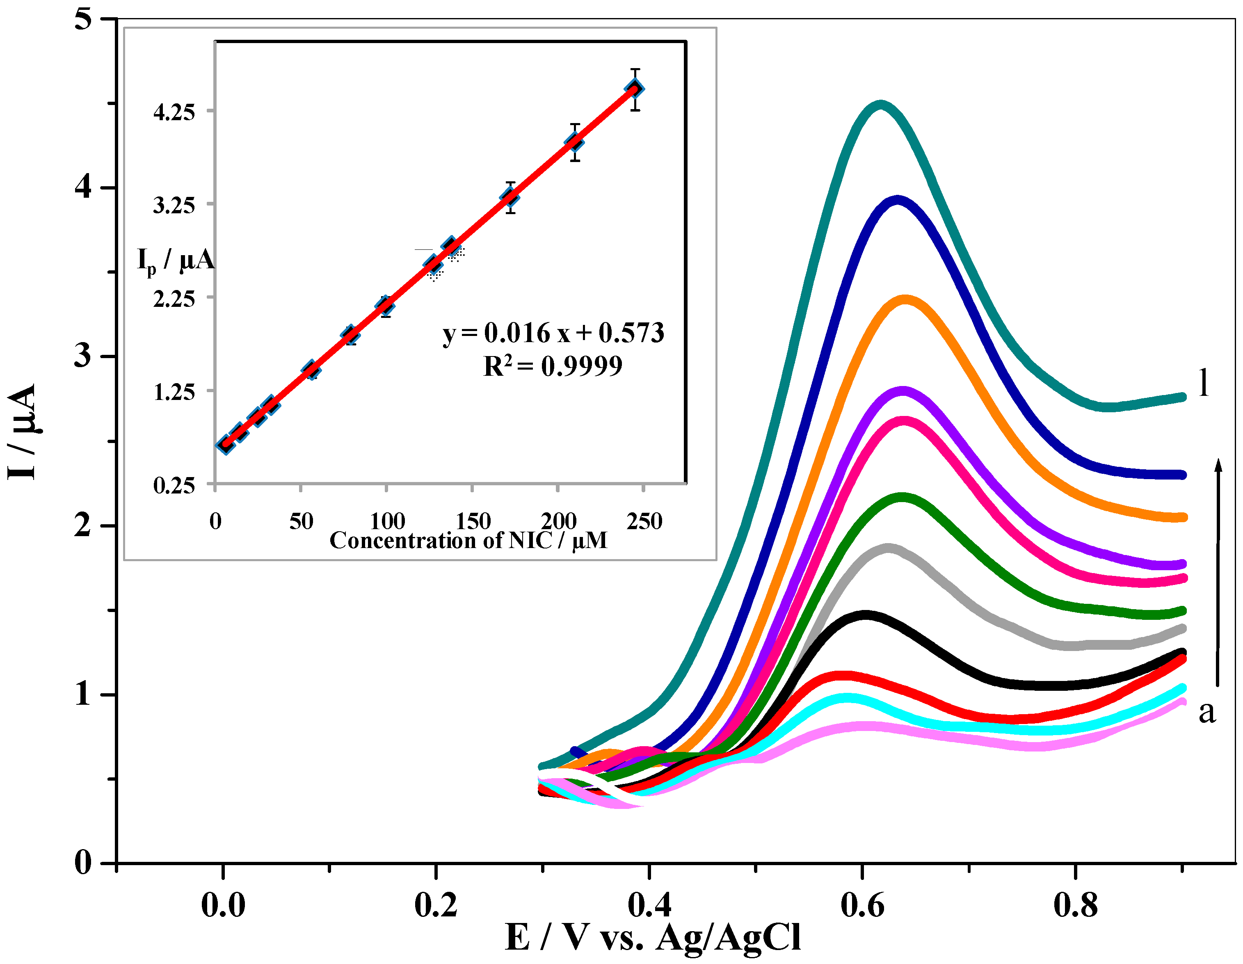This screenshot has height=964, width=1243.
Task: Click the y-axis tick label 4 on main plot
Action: tap(83, 186)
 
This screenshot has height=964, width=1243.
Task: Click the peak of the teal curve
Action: tap(881, 105)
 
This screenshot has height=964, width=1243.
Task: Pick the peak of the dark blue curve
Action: tap(898, 200)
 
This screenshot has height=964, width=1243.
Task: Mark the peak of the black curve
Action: tap(865, 615)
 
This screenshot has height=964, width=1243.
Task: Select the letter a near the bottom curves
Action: tap(1206, 712)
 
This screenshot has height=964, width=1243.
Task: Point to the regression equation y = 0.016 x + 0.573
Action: tap(553, 333)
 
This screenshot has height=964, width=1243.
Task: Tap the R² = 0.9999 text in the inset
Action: tap(553, 366)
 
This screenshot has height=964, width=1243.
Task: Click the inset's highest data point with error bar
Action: tap(635, 89)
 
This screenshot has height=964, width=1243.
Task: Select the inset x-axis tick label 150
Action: tap(473, 521)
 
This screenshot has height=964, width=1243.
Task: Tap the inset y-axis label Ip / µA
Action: tap(175, 260)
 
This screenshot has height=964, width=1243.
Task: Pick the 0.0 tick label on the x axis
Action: tap(223, 905)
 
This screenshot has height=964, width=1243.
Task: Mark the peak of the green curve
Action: tap(902, 497)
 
